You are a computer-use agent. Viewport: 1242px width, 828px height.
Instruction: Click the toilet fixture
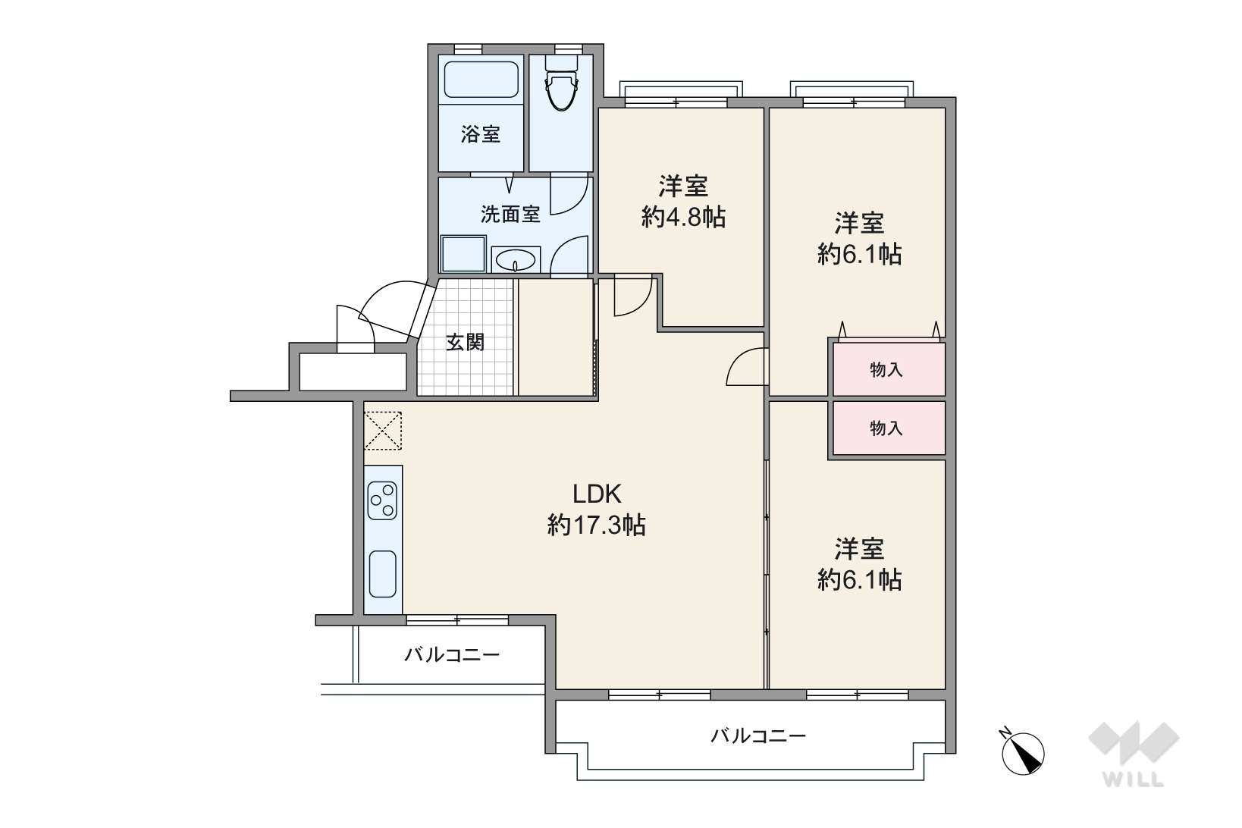point(562,89)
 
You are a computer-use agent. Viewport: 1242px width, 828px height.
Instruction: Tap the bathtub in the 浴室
point(481,80)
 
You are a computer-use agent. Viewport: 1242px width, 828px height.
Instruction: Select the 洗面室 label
point(510,214)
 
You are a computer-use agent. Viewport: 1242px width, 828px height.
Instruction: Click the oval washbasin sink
point(516,259)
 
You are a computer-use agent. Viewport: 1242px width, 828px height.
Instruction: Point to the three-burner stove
point(383,500)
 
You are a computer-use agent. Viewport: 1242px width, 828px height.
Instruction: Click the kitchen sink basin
point(383,574)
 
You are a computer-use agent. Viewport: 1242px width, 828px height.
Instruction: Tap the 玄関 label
point(466,342)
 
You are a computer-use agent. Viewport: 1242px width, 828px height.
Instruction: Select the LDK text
point(597,493)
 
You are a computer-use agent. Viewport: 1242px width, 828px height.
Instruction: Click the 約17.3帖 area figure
point(597,525)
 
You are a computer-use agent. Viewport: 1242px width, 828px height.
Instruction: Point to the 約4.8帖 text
point(683,217)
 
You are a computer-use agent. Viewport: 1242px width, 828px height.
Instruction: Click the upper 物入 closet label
point(886,369)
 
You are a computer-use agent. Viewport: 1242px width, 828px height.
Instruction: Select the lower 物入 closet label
point(886,428)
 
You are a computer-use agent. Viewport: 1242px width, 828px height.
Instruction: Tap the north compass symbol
point(1022,752)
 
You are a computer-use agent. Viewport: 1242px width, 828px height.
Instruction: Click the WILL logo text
point(1133,779)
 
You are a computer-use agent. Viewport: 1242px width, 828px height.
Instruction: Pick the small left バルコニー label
point(452,655)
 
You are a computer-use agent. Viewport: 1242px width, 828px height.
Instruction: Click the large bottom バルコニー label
point(758,736)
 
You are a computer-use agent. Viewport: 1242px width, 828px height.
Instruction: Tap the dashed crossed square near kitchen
point(383,431)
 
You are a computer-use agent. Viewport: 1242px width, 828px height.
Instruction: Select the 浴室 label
point(481,134)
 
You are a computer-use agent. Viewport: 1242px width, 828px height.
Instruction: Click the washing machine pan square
point(463,255)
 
